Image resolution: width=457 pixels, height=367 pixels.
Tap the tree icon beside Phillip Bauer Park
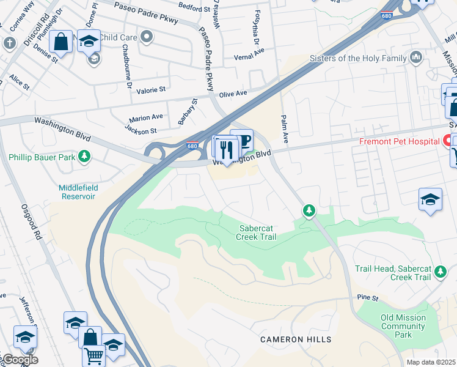pyautogui.click(x=84, y=157)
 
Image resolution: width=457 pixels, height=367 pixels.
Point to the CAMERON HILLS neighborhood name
pyautogui.click(x=296, y=339)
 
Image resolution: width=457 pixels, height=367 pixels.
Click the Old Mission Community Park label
pyautogui.click(x=403, y=326)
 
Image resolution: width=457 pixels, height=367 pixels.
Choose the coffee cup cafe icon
pyautogui.click(x=243, y=141)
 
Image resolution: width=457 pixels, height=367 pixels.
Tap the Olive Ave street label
pyautogui.click(x=233, y=94)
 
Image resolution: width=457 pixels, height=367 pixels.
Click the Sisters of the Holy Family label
pyautogui.click(x=358, y=58)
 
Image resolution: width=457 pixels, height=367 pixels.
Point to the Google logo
pyautogui.click(x=20, y=360)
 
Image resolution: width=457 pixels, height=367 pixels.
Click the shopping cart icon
pyautogui.click(x=93, y=355)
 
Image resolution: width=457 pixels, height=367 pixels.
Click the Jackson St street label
pyautogui.click(x=141, y=130)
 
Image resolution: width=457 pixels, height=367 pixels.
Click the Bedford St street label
pyautogui.click(x=194, y=6)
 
